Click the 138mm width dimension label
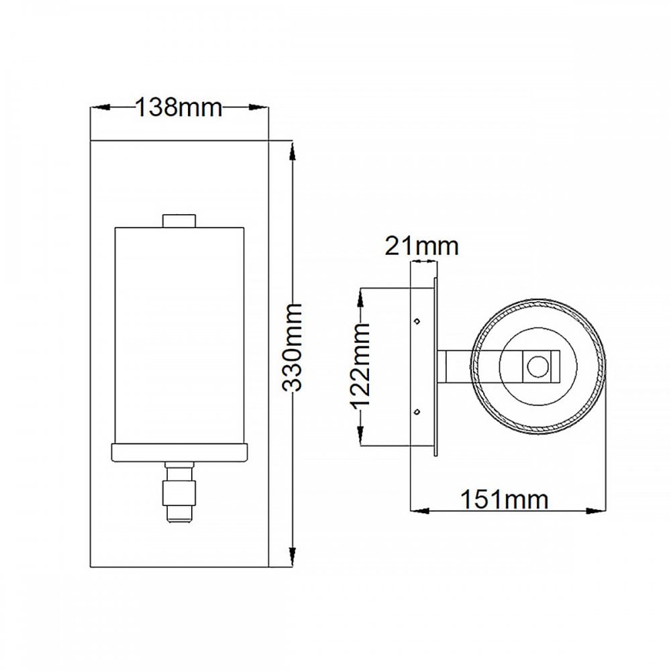coord(179,107)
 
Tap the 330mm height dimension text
coord(293,348)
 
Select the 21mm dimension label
coord(421,246)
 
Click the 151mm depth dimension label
coord(504,499)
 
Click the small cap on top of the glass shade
coord(179,221)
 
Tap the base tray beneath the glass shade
coord(180,453)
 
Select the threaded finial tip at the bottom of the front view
coord(180,515)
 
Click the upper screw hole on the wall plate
coord(417,321)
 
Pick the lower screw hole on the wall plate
coord(417,412)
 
